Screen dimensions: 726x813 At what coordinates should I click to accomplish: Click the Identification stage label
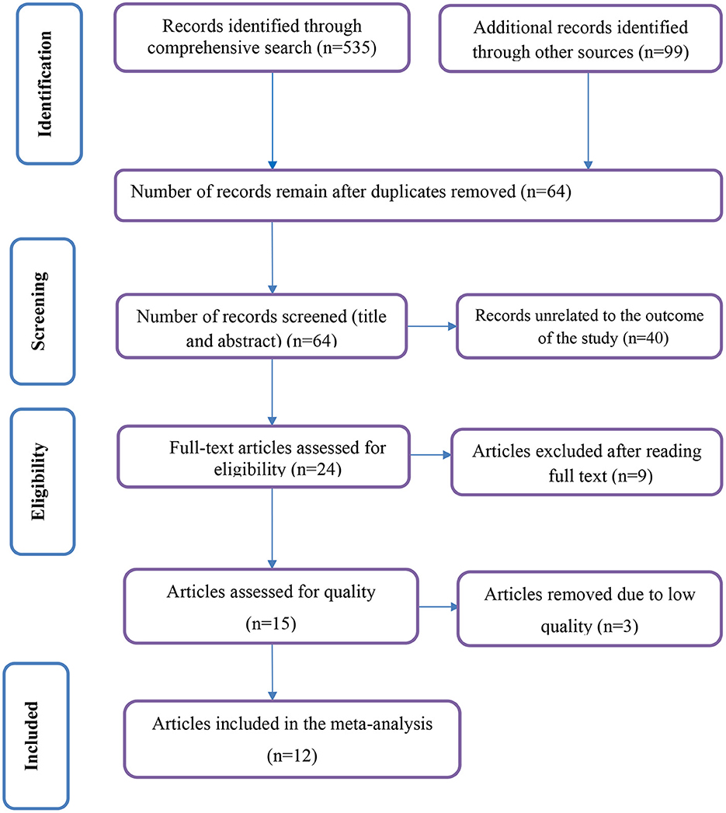[45, 84]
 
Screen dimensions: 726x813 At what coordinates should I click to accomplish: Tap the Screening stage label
[39, 311]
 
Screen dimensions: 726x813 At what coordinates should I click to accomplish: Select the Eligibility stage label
[38, 481]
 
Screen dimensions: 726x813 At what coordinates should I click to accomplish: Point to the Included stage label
[32, 735]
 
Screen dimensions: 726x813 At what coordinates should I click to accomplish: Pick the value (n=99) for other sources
[664, 52]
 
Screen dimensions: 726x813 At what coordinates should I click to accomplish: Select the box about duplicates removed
[419, 196]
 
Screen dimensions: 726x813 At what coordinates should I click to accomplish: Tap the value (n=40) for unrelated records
[646, 339]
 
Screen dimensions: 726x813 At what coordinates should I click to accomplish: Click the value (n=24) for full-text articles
[316, 469]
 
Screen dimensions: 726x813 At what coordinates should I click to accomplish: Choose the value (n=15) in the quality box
[271, 624]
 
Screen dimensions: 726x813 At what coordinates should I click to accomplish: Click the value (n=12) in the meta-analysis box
[292, 756]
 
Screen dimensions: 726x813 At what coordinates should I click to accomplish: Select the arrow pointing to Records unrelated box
[432, 327]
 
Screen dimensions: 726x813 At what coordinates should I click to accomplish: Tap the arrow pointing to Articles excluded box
[430, 455]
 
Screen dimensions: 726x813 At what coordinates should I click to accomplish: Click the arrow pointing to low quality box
[438, 606]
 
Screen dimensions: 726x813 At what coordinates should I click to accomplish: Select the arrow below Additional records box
[588, 121]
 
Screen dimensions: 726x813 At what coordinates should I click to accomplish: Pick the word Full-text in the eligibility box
[201, 447]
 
